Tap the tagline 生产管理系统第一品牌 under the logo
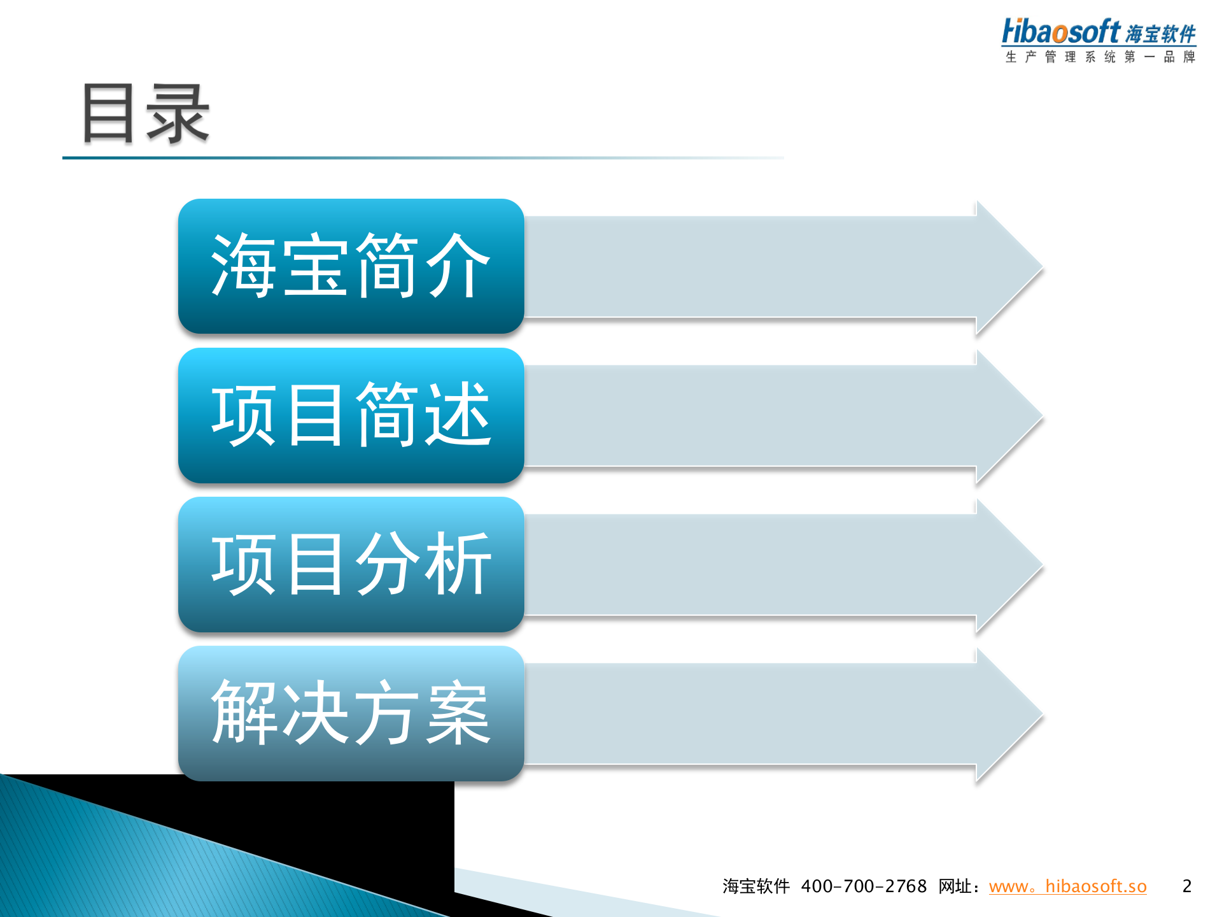tap(1100, 57)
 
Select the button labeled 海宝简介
tap(351, 266)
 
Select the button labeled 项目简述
tap(351, 415)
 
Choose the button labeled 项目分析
tap(351, 564)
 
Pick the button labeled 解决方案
tap(351, 713)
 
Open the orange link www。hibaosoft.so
tap(1067, 886)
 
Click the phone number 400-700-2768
tap(864, 886)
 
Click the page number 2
tap(1186, 886)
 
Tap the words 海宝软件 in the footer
tap(755, 886)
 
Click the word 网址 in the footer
tap(955, 886)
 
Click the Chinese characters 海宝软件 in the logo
tap(1160, 34)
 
